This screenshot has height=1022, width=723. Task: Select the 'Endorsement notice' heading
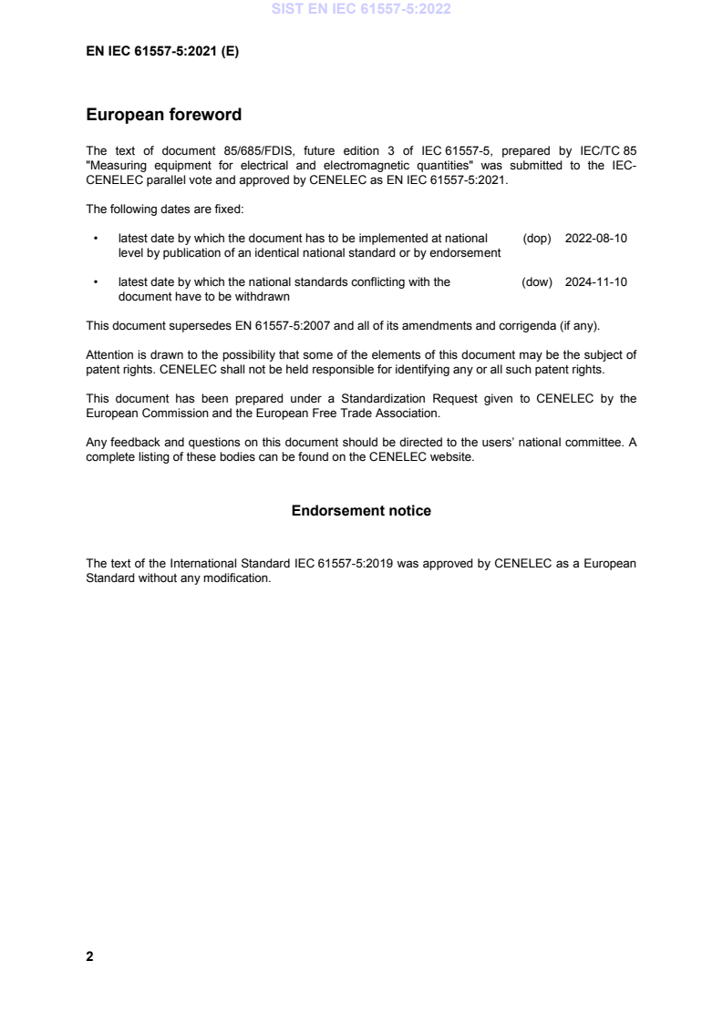(x=361, y=511)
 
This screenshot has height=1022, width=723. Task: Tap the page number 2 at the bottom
(x=89, y=956)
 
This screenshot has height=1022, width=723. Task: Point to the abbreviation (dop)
(x=537, y=239)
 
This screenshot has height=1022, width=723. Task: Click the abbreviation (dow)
(x=537, y=282)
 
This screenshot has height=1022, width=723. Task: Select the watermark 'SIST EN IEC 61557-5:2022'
(x=361, y=11)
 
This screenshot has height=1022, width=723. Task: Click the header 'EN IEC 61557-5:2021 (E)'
(x=162, y=52)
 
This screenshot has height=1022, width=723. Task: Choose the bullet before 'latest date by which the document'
(x=96, y=239)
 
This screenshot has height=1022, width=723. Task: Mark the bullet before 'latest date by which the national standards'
(x=96, y=282)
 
